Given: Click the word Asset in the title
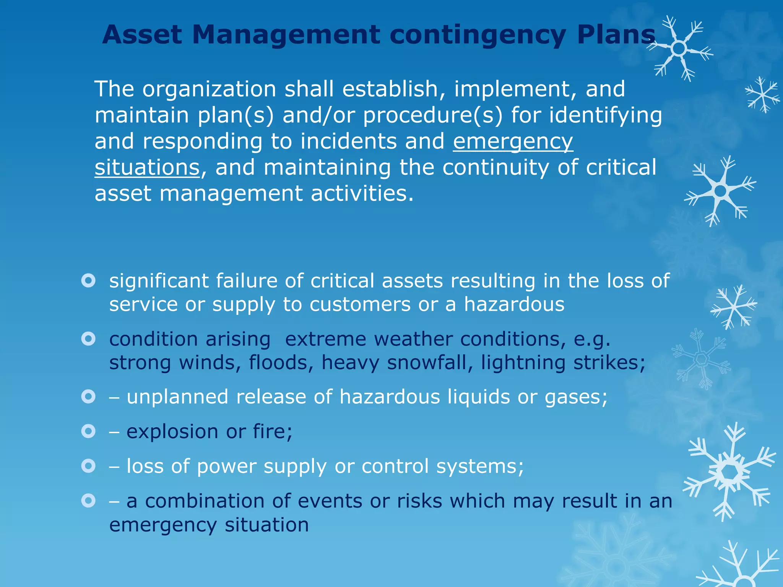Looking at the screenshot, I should click(142, 35).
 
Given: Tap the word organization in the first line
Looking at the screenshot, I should click(209, 89).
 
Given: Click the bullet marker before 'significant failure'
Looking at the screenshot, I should click(88, 281).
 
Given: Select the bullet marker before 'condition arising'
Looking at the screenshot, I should click(88, 339).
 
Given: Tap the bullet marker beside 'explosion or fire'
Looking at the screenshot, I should click(88, 431).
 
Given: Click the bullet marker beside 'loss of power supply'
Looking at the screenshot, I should click(88, 466).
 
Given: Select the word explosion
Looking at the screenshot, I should click(172, 432).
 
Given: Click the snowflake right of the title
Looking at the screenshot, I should click(679, 49).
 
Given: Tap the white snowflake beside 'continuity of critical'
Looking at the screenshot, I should click(720, 191).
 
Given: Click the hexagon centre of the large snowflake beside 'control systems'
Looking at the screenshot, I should click(729, 472).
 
